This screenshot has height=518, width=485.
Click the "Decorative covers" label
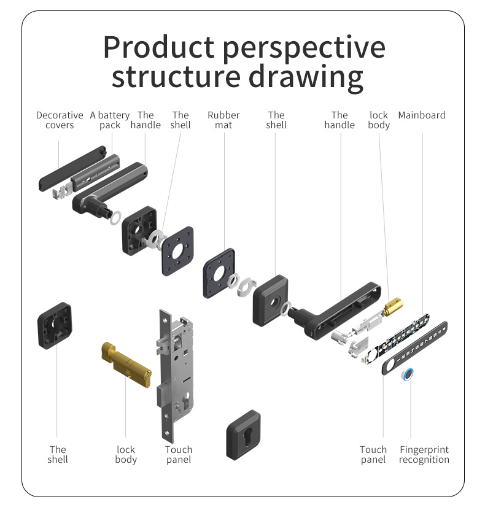point(60,120)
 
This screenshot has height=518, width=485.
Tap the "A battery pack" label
point(110,120)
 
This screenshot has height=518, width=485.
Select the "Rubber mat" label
point(223,120)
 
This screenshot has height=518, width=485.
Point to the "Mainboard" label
point(422,115)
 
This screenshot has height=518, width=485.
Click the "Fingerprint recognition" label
point(424,455)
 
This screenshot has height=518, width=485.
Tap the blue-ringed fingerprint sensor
point(409,374)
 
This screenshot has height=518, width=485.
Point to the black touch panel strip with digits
point(415,348)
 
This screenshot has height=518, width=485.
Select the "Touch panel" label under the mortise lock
point(179,455)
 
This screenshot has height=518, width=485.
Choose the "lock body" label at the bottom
point(126,455)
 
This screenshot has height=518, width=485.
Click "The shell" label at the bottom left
point(58,455)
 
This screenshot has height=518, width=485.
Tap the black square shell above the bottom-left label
point(55,326)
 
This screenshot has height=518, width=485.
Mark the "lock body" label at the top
point(379,120)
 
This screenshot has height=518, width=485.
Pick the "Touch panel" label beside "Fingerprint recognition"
point(373,455)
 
